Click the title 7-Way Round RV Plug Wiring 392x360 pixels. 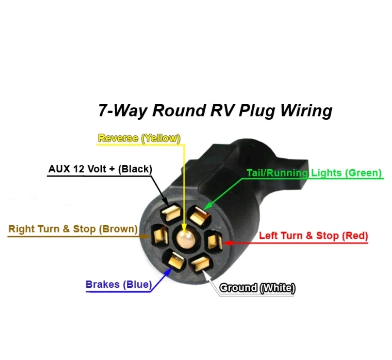(x=215, y=110)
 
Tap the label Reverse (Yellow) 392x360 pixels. (x=139, y=138)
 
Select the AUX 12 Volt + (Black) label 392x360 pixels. (x=100, y=169)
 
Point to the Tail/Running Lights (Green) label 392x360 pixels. (x=314, y=173)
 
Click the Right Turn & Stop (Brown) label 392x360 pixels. (x=73, y=229)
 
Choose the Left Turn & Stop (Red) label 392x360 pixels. (x=313, y=236)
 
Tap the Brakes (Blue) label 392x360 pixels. (x=118, y=284)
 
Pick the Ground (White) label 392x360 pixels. (x=257, y=288)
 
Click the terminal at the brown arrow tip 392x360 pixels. (x=159, y=236)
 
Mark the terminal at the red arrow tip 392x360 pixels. (x=214, y=241)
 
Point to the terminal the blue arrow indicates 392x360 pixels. (x=175, y=261)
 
